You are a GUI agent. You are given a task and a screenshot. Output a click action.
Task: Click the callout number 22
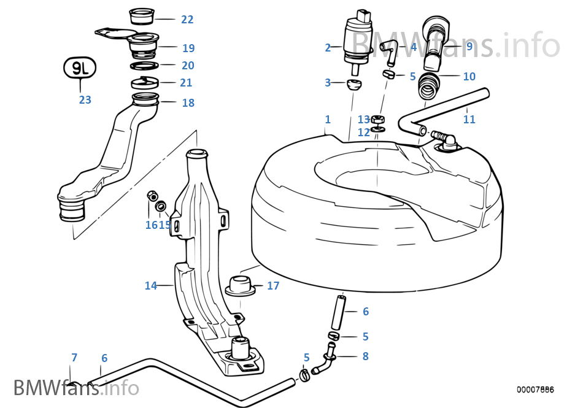tap(187, 20)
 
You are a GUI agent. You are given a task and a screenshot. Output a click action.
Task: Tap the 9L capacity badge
tap(80, 69)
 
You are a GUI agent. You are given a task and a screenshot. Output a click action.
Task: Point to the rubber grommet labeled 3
tap(352, 83)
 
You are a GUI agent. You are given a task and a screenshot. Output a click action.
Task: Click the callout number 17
tap(273, 285)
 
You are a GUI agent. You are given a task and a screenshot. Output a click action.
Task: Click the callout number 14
tap(151, 285)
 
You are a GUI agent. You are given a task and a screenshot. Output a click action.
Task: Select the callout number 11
tap(469, 120)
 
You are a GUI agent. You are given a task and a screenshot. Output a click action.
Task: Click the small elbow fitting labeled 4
tap(388, 51)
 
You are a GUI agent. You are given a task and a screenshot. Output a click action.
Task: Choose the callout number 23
tap(85, 99)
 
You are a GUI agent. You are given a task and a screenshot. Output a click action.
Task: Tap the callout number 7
tap(74, 357)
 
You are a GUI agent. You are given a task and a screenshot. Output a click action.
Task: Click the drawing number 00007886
tap(535, 390)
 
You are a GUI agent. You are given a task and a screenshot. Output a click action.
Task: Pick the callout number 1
tap(328, 119)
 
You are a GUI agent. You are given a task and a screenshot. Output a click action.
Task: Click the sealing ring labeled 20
tap(145, 65)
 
